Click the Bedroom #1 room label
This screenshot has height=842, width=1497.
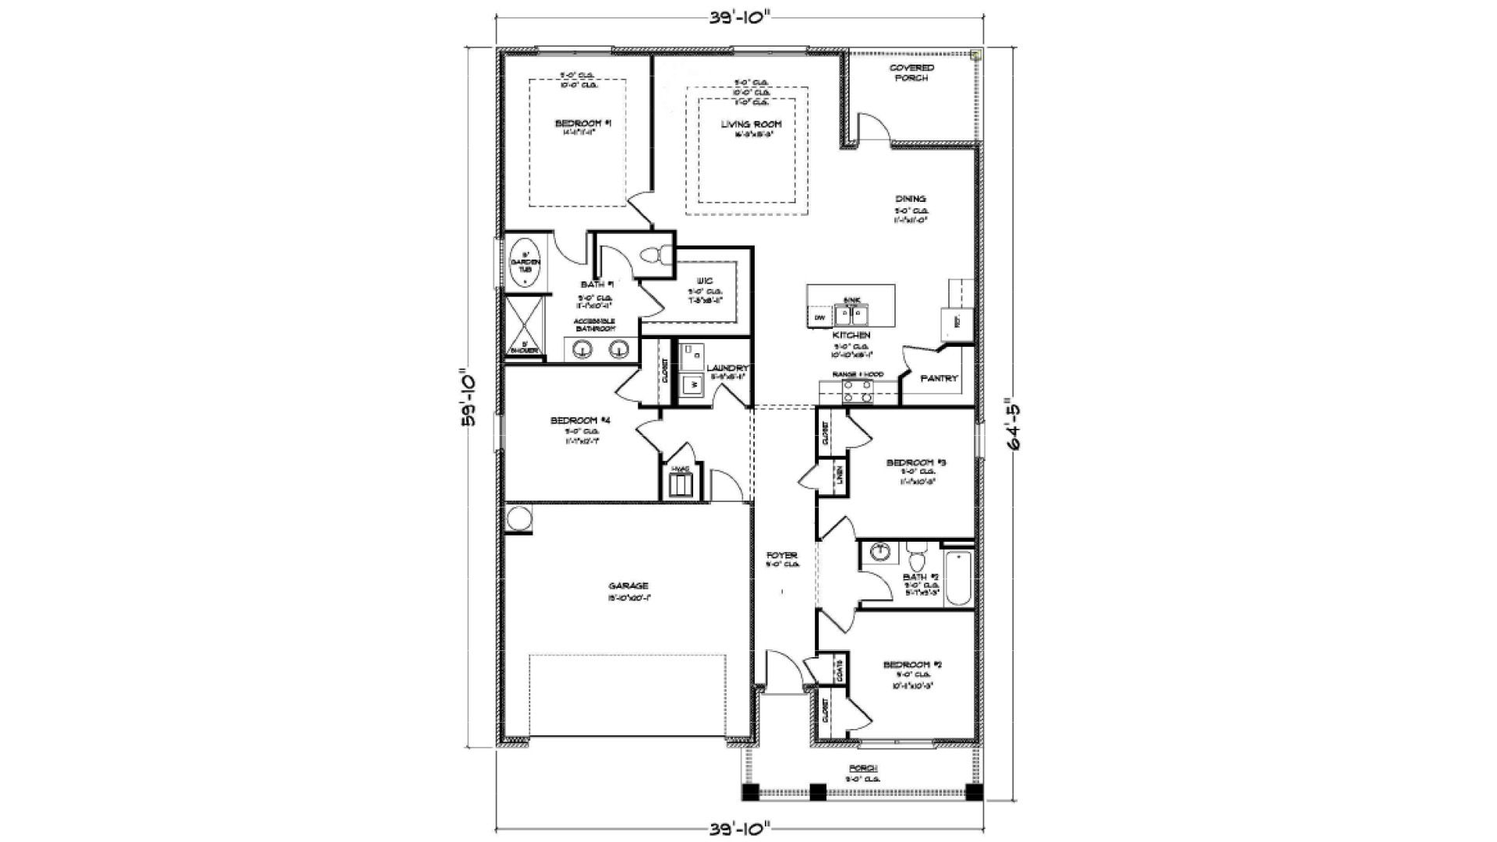tap(577, 123)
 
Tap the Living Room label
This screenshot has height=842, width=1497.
tap(751, 124)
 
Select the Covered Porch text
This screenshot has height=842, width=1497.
tap(911, 73)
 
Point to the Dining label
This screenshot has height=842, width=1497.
tap(910, 199)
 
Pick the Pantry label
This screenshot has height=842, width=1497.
tap(939, 378)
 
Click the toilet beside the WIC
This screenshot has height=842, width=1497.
tap(654, 254)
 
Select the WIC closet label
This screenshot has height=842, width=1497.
tap(705, 281)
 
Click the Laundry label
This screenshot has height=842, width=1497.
tap(727, 368)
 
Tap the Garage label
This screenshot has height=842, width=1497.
tap(628, 586)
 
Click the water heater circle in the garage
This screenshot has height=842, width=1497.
tap(518, 518)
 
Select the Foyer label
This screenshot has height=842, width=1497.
tap(781, 556)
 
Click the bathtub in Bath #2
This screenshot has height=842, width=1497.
tap(958, 579)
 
